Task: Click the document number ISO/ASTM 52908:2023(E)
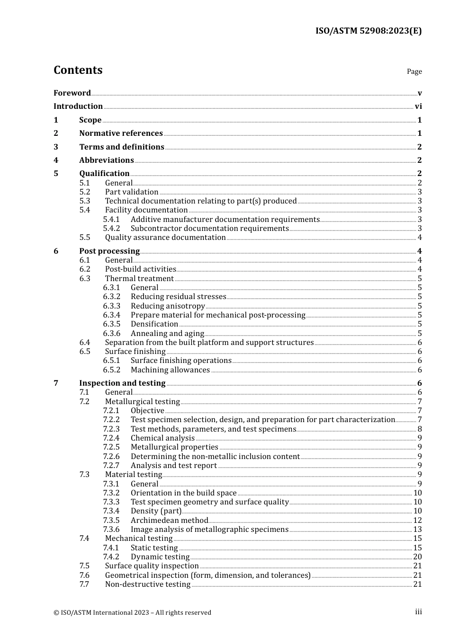point(369,31)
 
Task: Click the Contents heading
point(78,70)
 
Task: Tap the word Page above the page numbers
point(414,71)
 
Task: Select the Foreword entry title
point(72,93)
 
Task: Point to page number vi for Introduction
point(418,106)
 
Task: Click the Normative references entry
point(121,133)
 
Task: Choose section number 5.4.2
point(111,229)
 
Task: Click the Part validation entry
point(132,192)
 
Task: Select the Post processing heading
point(109,251)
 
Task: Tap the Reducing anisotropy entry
point(168,306)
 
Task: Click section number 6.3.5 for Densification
point(111,324)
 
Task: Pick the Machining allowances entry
point(170,370)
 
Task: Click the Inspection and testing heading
point(122,383)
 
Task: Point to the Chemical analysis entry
point(162,438)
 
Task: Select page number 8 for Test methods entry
point(420,429)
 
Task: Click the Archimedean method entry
point(169,521)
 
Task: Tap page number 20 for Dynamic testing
point(417,557)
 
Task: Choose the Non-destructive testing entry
point(148,584)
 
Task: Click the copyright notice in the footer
point(132,612)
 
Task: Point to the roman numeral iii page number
point(418,612)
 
